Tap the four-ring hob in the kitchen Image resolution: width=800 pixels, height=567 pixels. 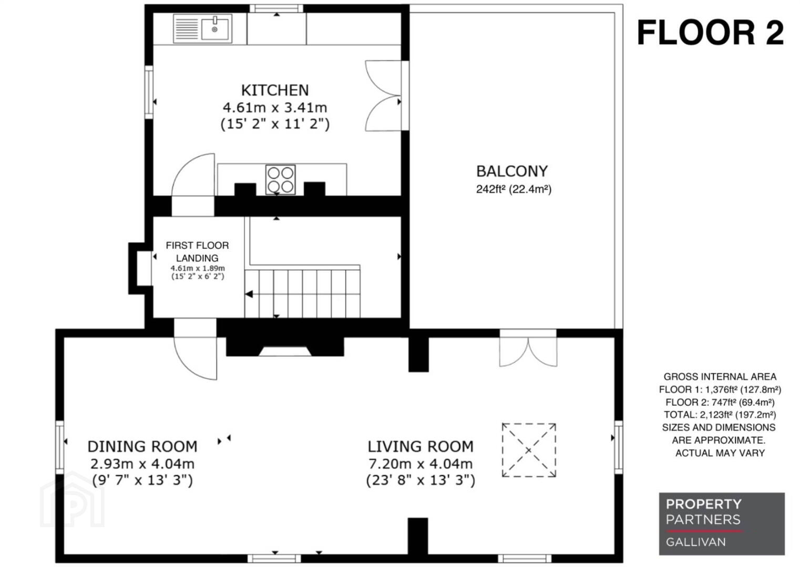(280, 180)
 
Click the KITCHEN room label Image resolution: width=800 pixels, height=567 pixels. (275, 90)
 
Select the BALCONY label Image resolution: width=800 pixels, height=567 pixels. (512, 171)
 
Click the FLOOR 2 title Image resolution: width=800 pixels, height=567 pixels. (710, 33)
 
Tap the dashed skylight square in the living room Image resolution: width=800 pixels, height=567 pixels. (529, 450)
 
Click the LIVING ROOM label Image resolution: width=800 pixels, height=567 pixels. (420, 447)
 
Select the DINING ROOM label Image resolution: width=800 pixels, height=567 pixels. (142, 447)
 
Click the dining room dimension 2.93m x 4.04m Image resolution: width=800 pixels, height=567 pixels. (142, 464)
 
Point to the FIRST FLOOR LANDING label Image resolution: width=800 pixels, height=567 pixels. (197, 251)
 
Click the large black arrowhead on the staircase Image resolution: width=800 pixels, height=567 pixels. (249, 294)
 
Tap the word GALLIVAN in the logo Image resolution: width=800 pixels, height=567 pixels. (696, 542)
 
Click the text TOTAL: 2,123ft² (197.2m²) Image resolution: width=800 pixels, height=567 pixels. (720, 415)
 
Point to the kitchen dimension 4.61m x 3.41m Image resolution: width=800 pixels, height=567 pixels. (275, 107)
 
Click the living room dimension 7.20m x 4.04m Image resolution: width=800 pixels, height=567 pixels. (420, 464)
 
